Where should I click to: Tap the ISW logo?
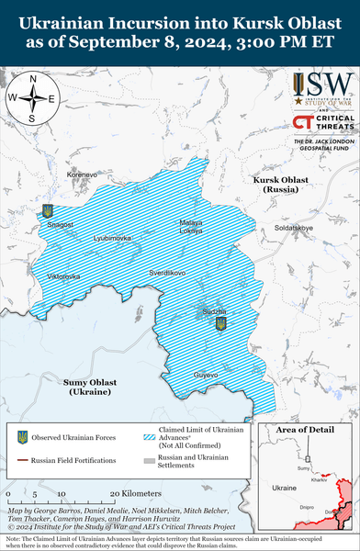(x=322, y=90)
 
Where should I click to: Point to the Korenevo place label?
(x=81, y=174)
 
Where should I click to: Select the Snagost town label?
(x=60, y=224)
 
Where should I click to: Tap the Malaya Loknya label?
(x=191, y=227)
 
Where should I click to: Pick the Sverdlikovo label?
(x=168, y=273)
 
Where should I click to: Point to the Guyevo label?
(x=206, y=375)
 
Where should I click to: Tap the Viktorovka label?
(x=63, y=275)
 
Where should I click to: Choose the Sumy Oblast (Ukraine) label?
(x=90, y=386)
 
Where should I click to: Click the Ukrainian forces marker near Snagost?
(x=48, y=211)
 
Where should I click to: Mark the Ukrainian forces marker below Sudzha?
(x=219, y=325)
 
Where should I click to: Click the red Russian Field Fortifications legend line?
(x=22, y=459)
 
